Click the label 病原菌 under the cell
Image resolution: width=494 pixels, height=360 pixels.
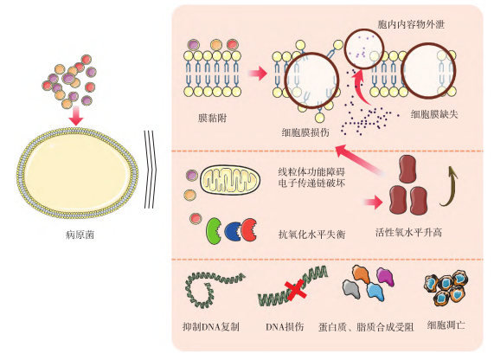(x=78, y=234)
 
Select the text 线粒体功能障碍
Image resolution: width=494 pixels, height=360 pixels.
(x=312, y=171)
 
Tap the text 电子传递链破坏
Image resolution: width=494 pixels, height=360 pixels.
(x=312, y=185)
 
